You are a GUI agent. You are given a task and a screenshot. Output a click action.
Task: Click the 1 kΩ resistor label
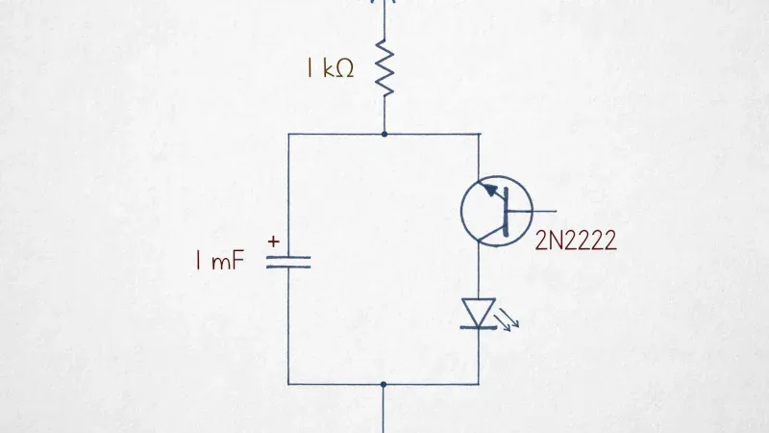[x=330, y=68]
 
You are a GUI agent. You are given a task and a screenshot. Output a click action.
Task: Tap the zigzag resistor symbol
[x=384, y=68]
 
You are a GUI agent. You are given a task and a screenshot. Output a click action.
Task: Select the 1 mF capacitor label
[x=219, y=260]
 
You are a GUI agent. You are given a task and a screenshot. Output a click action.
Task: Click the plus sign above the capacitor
[x=274, y=242]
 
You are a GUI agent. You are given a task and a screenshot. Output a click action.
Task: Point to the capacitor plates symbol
[x=288, y=262]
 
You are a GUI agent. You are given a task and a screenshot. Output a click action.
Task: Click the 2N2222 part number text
[x=575, y=241]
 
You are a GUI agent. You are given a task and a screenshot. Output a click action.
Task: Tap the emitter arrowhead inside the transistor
[x=489, y=190]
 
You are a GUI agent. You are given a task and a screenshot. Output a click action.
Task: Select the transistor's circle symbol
[x=496, y=176]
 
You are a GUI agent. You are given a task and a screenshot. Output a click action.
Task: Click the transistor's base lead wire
[x=533, y=211]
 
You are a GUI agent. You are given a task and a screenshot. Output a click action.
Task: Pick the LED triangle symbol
[x=479, y=312]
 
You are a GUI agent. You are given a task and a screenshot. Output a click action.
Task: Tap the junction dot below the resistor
[x=384, y=134]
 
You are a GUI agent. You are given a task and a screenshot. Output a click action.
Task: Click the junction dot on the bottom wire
[x=384, y=384]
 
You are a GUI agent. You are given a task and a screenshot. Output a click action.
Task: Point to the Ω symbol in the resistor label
[x=345, y=69]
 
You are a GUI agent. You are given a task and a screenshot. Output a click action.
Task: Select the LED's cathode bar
[x=479, y=327]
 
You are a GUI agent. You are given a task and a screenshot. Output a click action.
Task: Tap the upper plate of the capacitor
[x=288, y=257]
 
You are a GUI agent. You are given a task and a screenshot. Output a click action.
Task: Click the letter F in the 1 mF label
[x=237, y=260]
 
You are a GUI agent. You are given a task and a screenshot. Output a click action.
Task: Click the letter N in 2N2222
[x=556, y=241]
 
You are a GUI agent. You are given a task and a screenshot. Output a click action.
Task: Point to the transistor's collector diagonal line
[x=491, y=235]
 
